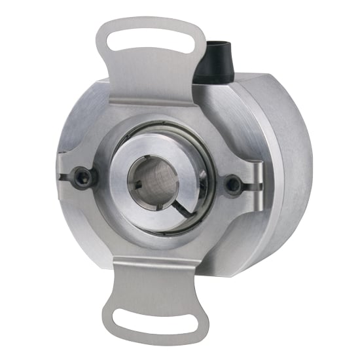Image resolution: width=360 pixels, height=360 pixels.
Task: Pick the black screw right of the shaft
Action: pos(232,185)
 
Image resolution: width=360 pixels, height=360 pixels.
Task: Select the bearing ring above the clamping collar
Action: pos(164,139)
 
